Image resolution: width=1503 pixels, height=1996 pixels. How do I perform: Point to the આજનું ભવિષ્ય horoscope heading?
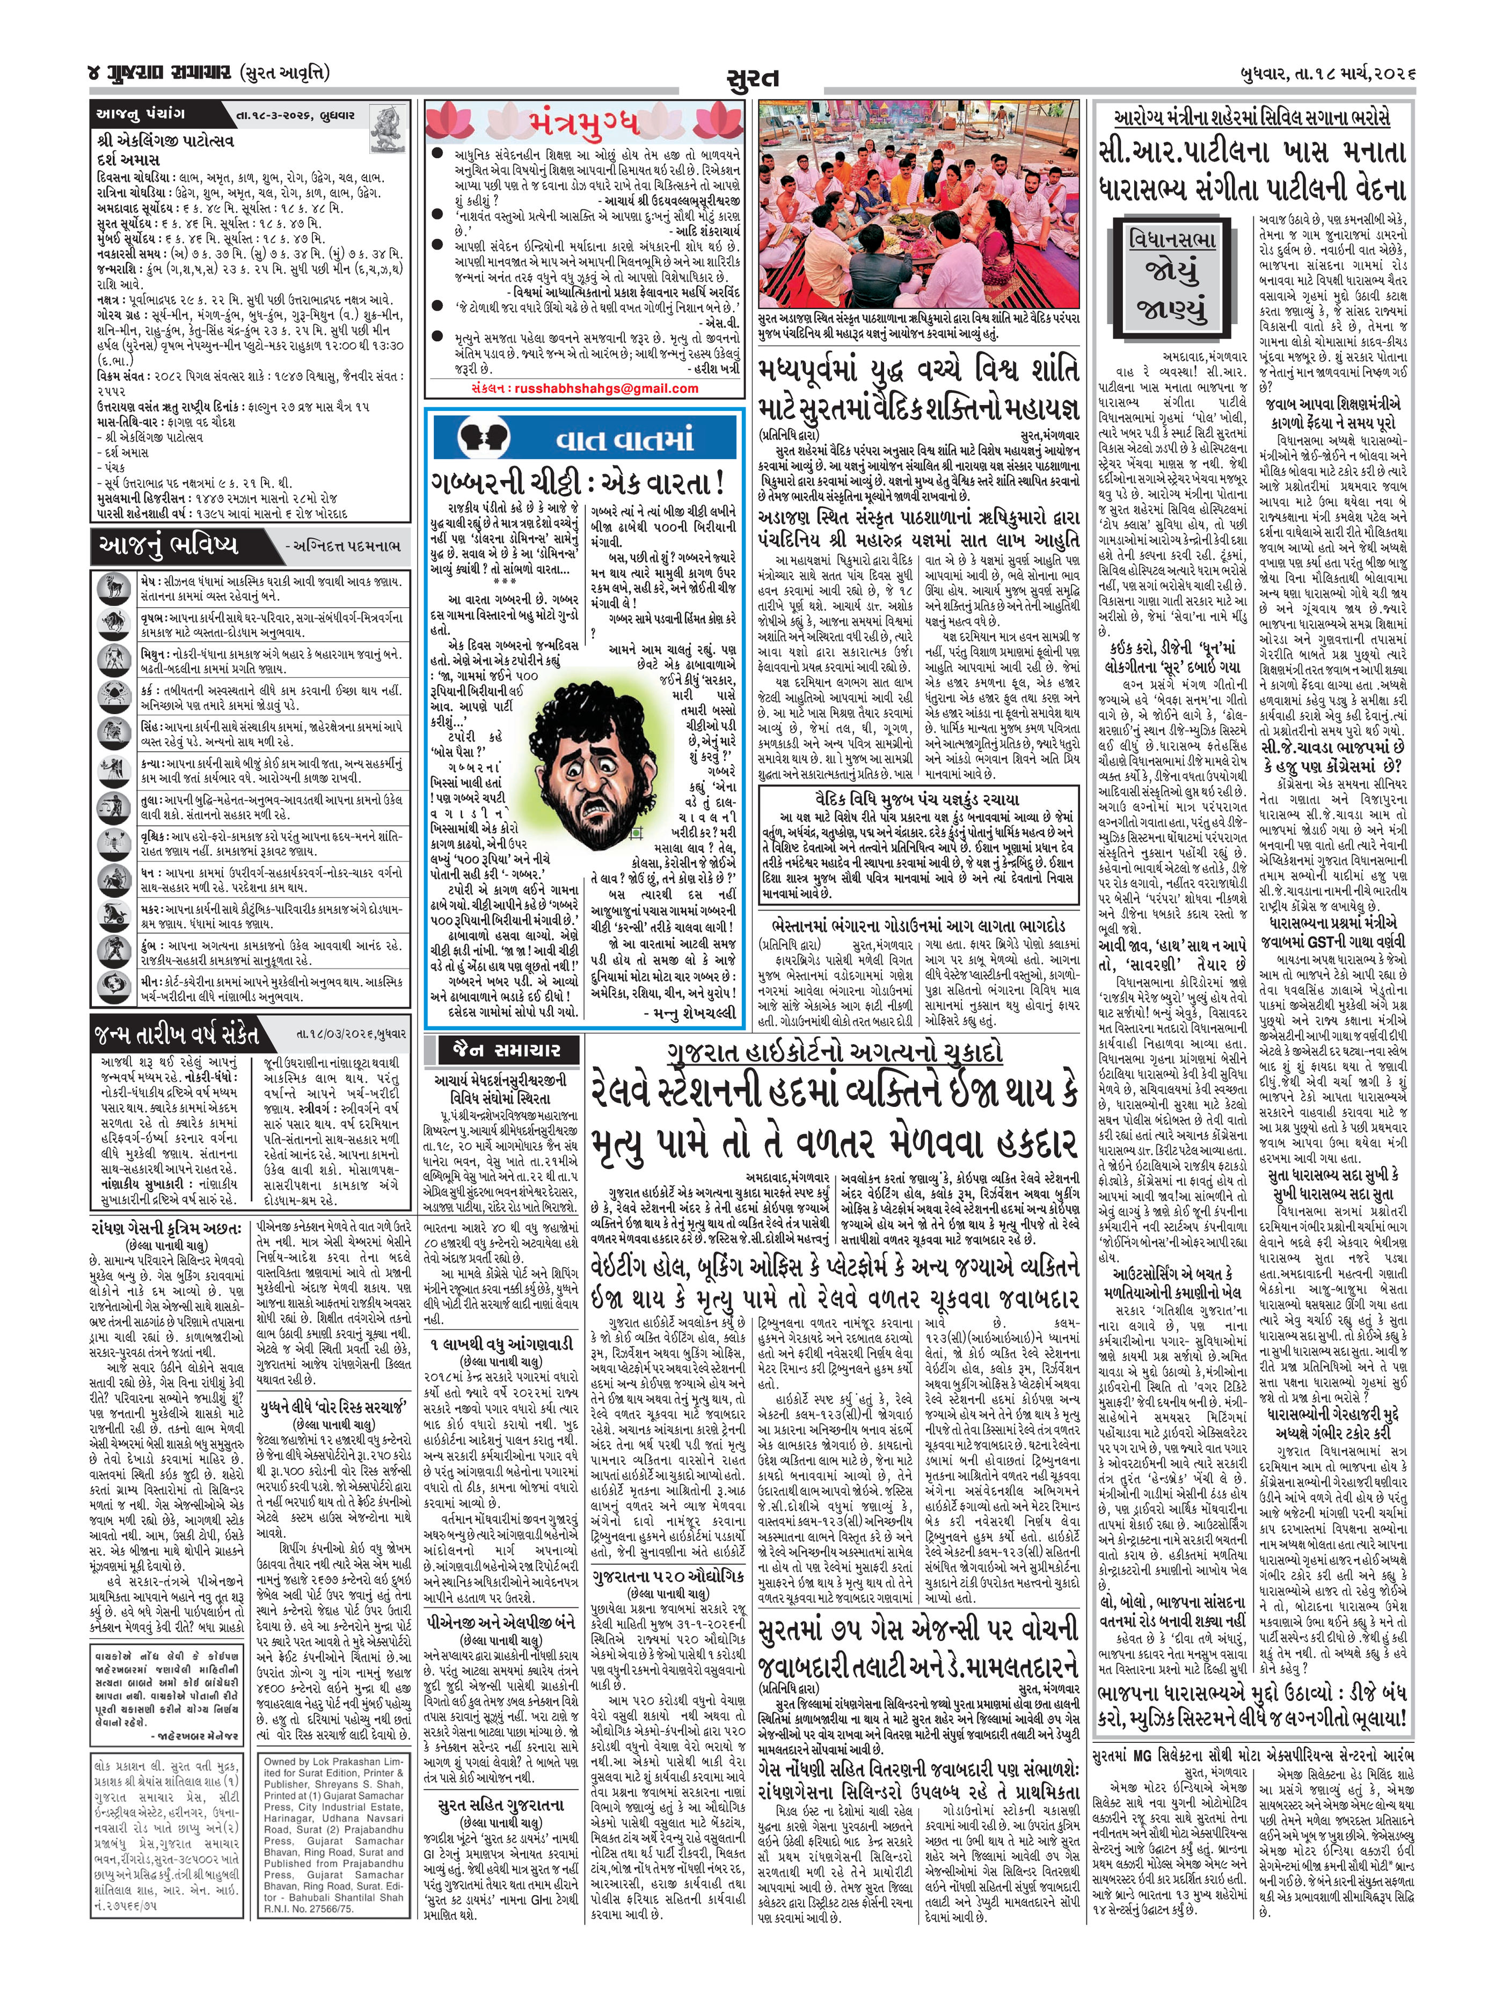[x=167, y=544]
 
